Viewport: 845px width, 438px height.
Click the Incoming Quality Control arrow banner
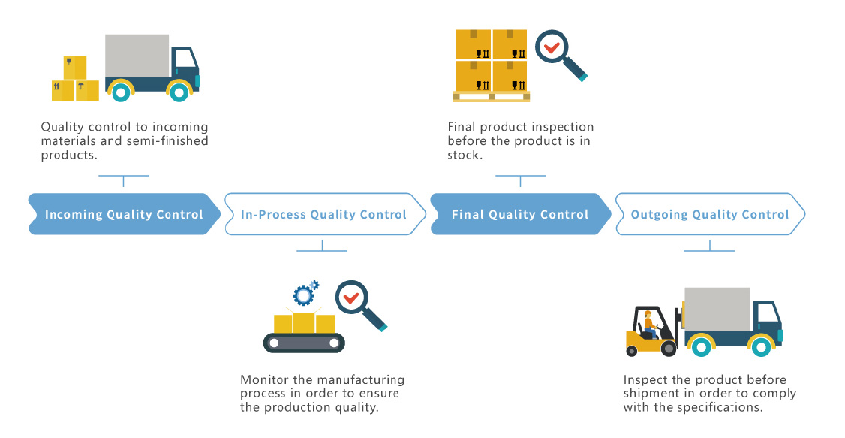(125, 214)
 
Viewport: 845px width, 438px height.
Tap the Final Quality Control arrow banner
(521, 214)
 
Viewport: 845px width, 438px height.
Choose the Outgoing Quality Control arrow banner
(710, 214)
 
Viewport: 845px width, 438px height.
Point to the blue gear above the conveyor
(303, 295)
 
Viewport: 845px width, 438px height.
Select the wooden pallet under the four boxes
(491, 97)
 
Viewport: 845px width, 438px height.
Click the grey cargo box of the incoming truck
(137, 56)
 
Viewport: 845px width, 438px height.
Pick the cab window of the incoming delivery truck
(185, 59)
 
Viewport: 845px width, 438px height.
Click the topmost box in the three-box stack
(75, 68)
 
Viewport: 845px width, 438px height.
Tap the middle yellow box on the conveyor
(304, 322)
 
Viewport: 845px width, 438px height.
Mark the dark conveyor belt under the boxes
(304, 343)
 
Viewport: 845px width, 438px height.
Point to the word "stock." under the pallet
(465, 156)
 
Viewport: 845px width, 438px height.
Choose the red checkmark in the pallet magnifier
(552, 47)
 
